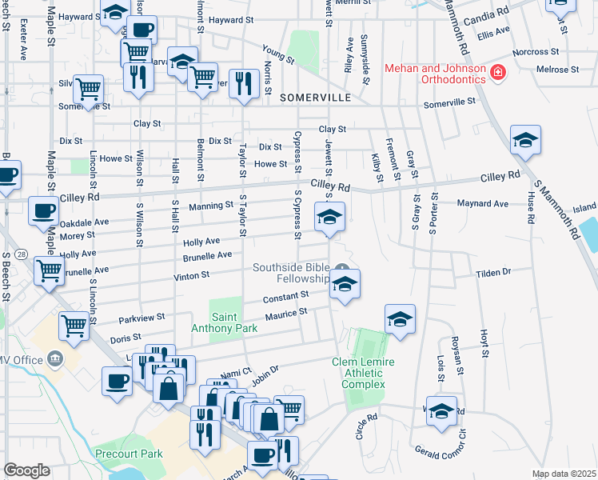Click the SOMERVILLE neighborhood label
[x=316, y=97]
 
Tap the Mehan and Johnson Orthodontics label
[x=435, y=74]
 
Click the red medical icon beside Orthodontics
[x=498, y=74]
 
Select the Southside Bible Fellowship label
[x=292, y=273]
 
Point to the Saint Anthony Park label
[x=224, y=322]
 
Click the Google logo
[x=26, y=470]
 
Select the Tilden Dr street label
[x=493, y=273]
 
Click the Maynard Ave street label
[x=483, y=204]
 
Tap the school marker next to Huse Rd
[x=525, y=140]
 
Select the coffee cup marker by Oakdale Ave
[x=43, y=211]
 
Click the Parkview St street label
[x=142, y=318]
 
